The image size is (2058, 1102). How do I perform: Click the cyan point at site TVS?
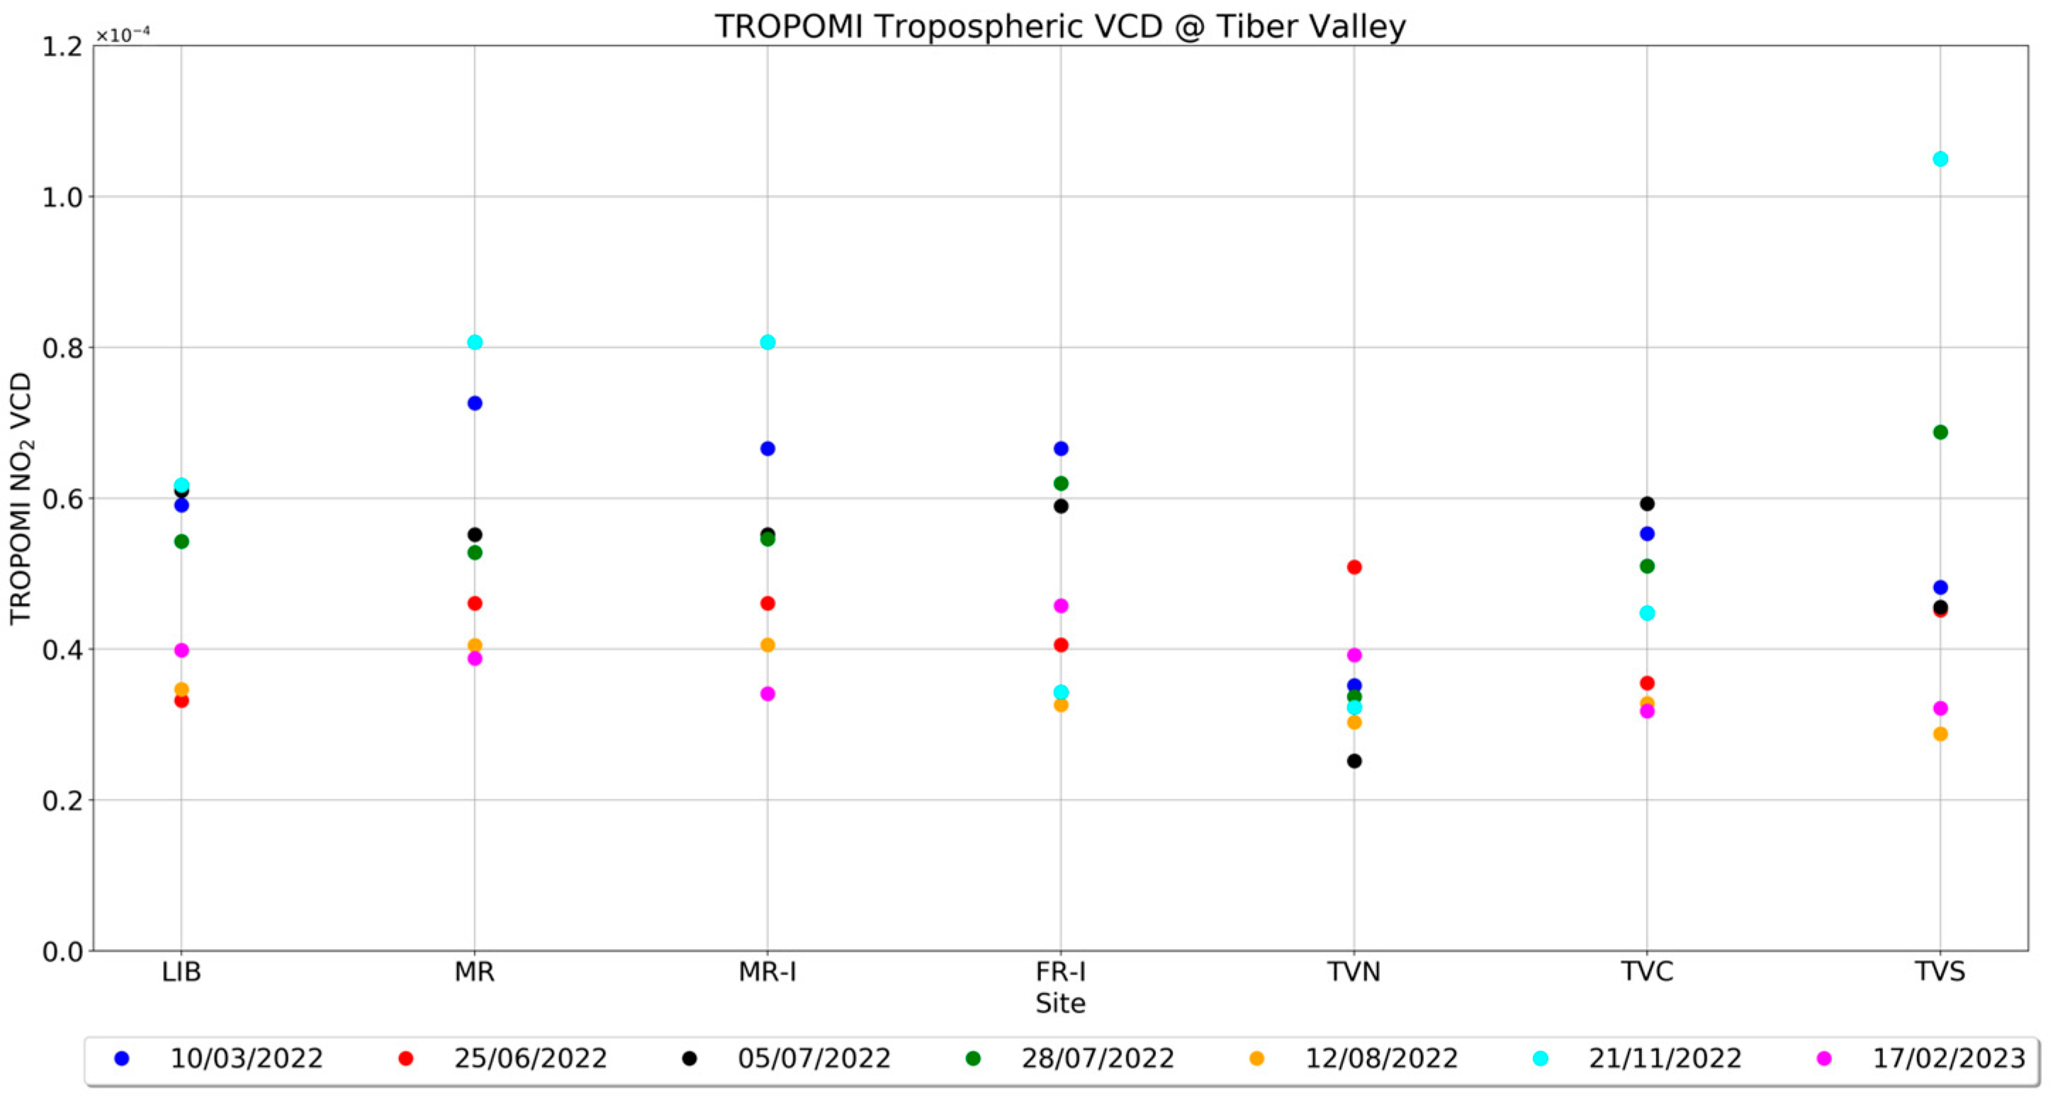pyautogui.click(x=1940, y=159)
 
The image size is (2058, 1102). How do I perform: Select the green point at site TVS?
pyautogui.click(x=1940, y=432)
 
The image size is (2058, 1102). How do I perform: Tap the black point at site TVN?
pyautogui.click(x=1354, y=761)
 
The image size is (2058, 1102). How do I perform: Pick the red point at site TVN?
pyautogui.click(x=1354, y=568)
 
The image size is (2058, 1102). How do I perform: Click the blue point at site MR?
pyautogui.click(x=475, y=403)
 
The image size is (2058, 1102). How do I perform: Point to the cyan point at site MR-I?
pyautogui.click(x=767, y=342)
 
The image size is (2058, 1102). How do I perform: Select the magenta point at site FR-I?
pyautogui.click(x=1061, y=606)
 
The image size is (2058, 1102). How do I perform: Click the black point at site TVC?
pyautogui.click(x=1646, y=503)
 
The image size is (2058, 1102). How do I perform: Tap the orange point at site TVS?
pyautogui.click(x=1940, y=733)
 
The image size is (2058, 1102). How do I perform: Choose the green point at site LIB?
pyautogui.click(x=181, y=541)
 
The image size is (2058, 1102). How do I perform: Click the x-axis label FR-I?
pyautogui.click(x=1061, y=972)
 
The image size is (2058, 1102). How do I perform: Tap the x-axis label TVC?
pyautogui.click(x=1646, y=972)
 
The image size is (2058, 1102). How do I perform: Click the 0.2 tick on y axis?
pyautogui.click(x=62, y=801)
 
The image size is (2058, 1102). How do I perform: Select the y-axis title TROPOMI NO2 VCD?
pyautogui.click(x=21, y=499)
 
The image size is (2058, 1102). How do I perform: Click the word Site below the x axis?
pyautogui.click(x=1060, y=1003)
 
